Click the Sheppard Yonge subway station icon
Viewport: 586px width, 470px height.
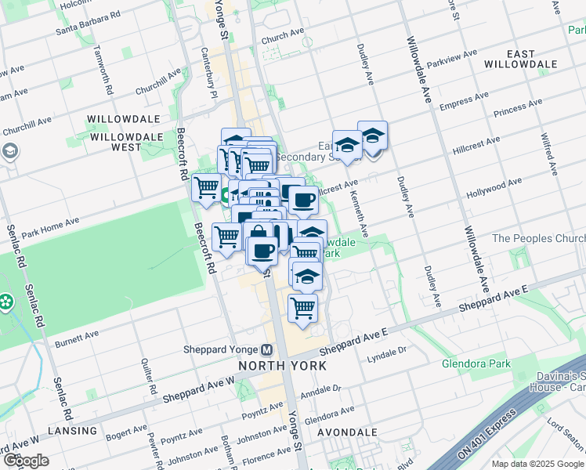[267, 349]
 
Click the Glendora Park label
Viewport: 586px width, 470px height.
[476, 363]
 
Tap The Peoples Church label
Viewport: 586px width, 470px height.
[537, 238]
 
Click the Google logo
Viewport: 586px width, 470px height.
[25, 461]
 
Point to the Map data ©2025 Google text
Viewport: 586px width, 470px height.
[537, 464]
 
